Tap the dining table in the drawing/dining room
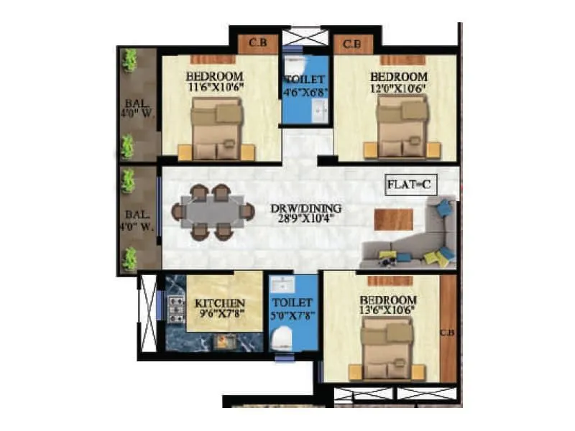coord(213,212)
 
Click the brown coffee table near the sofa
coord(394,219)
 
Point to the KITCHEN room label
coord(220,303)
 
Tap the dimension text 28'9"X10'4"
coord(306,220)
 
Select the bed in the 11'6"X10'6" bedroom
coord(216,129)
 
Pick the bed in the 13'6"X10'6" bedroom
coord(386,348)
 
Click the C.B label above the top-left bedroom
coord(257,44)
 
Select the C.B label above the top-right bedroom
coord(351,44)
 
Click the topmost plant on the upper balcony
coord(129,59)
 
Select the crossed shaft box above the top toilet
coord(305,37)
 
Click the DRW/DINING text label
coord(306,209)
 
